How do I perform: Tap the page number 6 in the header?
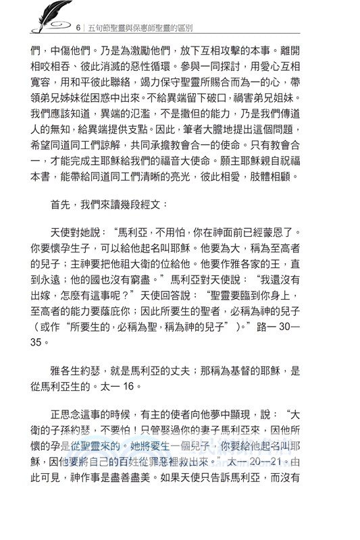(x=80, y=28)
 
